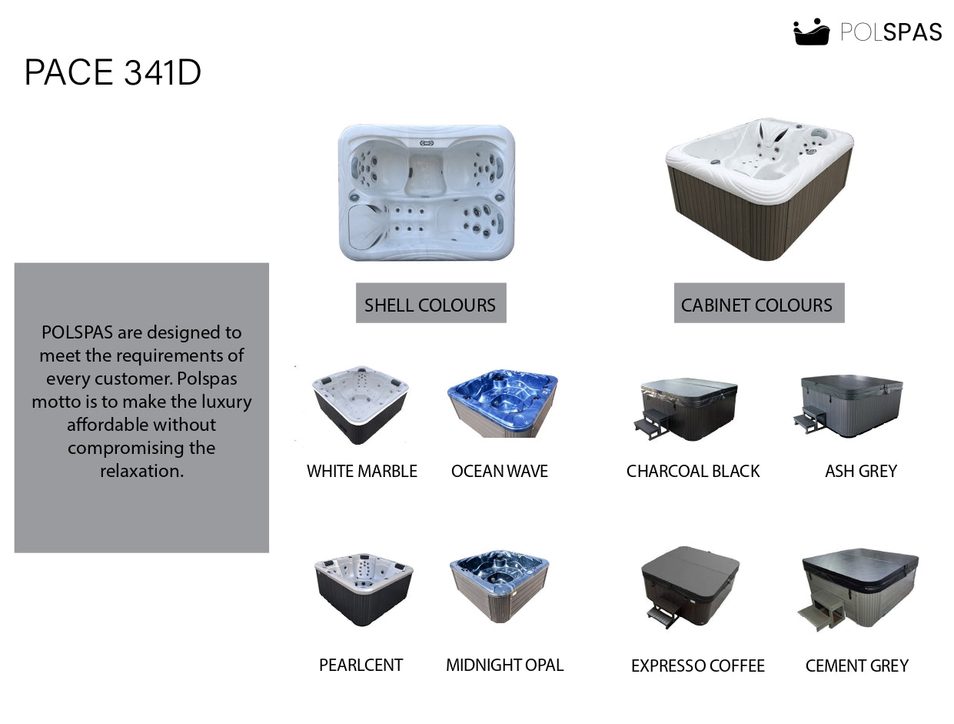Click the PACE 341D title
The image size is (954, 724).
[x=112, y=72]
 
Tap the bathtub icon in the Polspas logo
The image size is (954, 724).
[x=811, y=32]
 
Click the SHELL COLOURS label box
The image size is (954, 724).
[x=430, y=303]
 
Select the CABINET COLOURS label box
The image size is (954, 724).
[x=759, y=303]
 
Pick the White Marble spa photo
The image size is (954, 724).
[x=361, y=405]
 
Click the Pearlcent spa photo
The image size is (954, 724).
[x=364, y=589]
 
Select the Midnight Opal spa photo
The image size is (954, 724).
[x=500, y=586]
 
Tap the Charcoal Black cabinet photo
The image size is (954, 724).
[x=686, y=409]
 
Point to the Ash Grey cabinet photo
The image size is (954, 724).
[x=848, y=405]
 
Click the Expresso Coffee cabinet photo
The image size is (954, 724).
[x=690, y=587]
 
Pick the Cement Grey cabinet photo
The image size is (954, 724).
[x=858, y=590]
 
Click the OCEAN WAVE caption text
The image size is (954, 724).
[x=500, y=472]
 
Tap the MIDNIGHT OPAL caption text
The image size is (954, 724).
[x=504, y=666]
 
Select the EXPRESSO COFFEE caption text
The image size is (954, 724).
[x=697, y=666]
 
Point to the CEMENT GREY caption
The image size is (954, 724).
[x=856, y=666]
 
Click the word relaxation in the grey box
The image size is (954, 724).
[x=141, y=471]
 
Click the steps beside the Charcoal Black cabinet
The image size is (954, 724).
[x=650, y=428]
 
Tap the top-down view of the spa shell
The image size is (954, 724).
[x=427, y=192]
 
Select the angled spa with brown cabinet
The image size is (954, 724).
[x=760, y=189]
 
